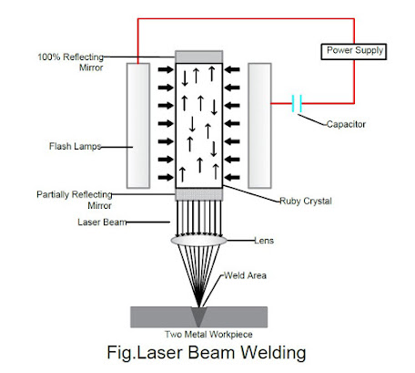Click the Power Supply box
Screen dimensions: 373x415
(x=351, y=51)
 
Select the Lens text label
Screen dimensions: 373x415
(x=264, y=241)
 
